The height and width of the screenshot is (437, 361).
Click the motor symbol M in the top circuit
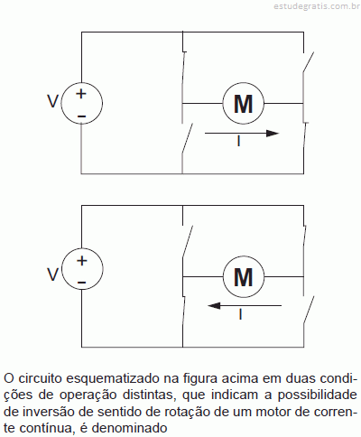tap(244, 104)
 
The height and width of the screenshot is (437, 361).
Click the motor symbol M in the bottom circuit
tap(244, 276)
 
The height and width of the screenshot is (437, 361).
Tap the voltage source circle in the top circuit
tap(81, 103)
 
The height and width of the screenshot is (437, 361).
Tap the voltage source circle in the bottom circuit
tap(82, 269)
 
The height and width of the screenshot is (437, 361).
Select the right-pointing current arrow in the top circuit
tap(242, 133)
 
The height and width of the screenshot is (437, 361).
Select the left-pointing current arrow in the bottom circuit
tap(245, 306)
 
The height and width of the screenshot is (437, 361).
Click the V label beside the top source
tap(52, 101)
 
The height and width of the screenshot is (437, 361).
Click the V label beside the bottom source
tap(52, 274)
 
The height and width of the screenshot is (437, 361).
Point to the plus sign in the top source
tap(81, 94)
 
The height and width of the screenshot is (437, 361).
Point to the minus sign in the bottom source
tap(82, 283)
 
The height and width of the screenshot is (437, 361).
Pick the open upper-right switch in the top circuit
tap(308, 62)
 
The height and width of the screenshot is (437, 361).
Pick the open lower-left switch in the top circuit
tap(187, 139)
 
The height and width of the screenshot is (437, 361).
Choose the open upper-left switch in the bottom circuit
tap(187, 241)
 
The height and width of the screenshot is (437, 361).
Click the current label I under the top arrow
tap(239, 141)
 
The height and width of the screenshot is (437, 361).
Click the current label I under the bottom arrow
tap(240, 314)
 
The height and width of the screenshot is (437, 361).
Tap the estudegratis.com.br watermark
tap(317, 6)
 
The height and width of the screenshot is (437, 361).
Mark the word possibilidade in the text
tap(317, 395)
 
